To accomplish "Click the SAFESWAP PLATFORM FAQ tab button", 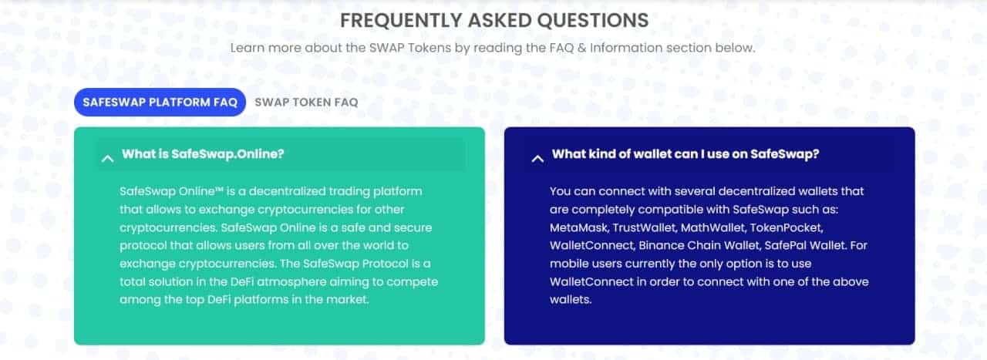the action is tap(160, 103).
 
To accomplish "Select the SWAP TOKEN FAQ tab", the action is tap(306, 103).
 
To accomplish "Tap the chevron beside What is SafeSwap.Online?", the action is tap(107, 159).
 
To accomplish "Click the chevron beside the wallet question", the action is tap(537, 159).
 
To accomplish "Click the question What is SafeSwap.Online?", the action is tap(203, 153).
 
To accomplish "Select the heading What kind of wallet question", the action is tap(686, 153).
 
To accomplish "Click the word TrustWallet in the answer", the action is tap(645, 227).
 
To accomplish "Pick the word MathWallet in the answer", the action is tap(714, 227).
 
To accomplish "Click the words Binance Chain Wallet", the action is tap(699, 245).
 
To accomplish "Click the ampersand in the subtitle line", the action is tap(581, 48).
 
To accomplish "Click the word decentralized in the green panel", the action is tap(287, 191).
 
